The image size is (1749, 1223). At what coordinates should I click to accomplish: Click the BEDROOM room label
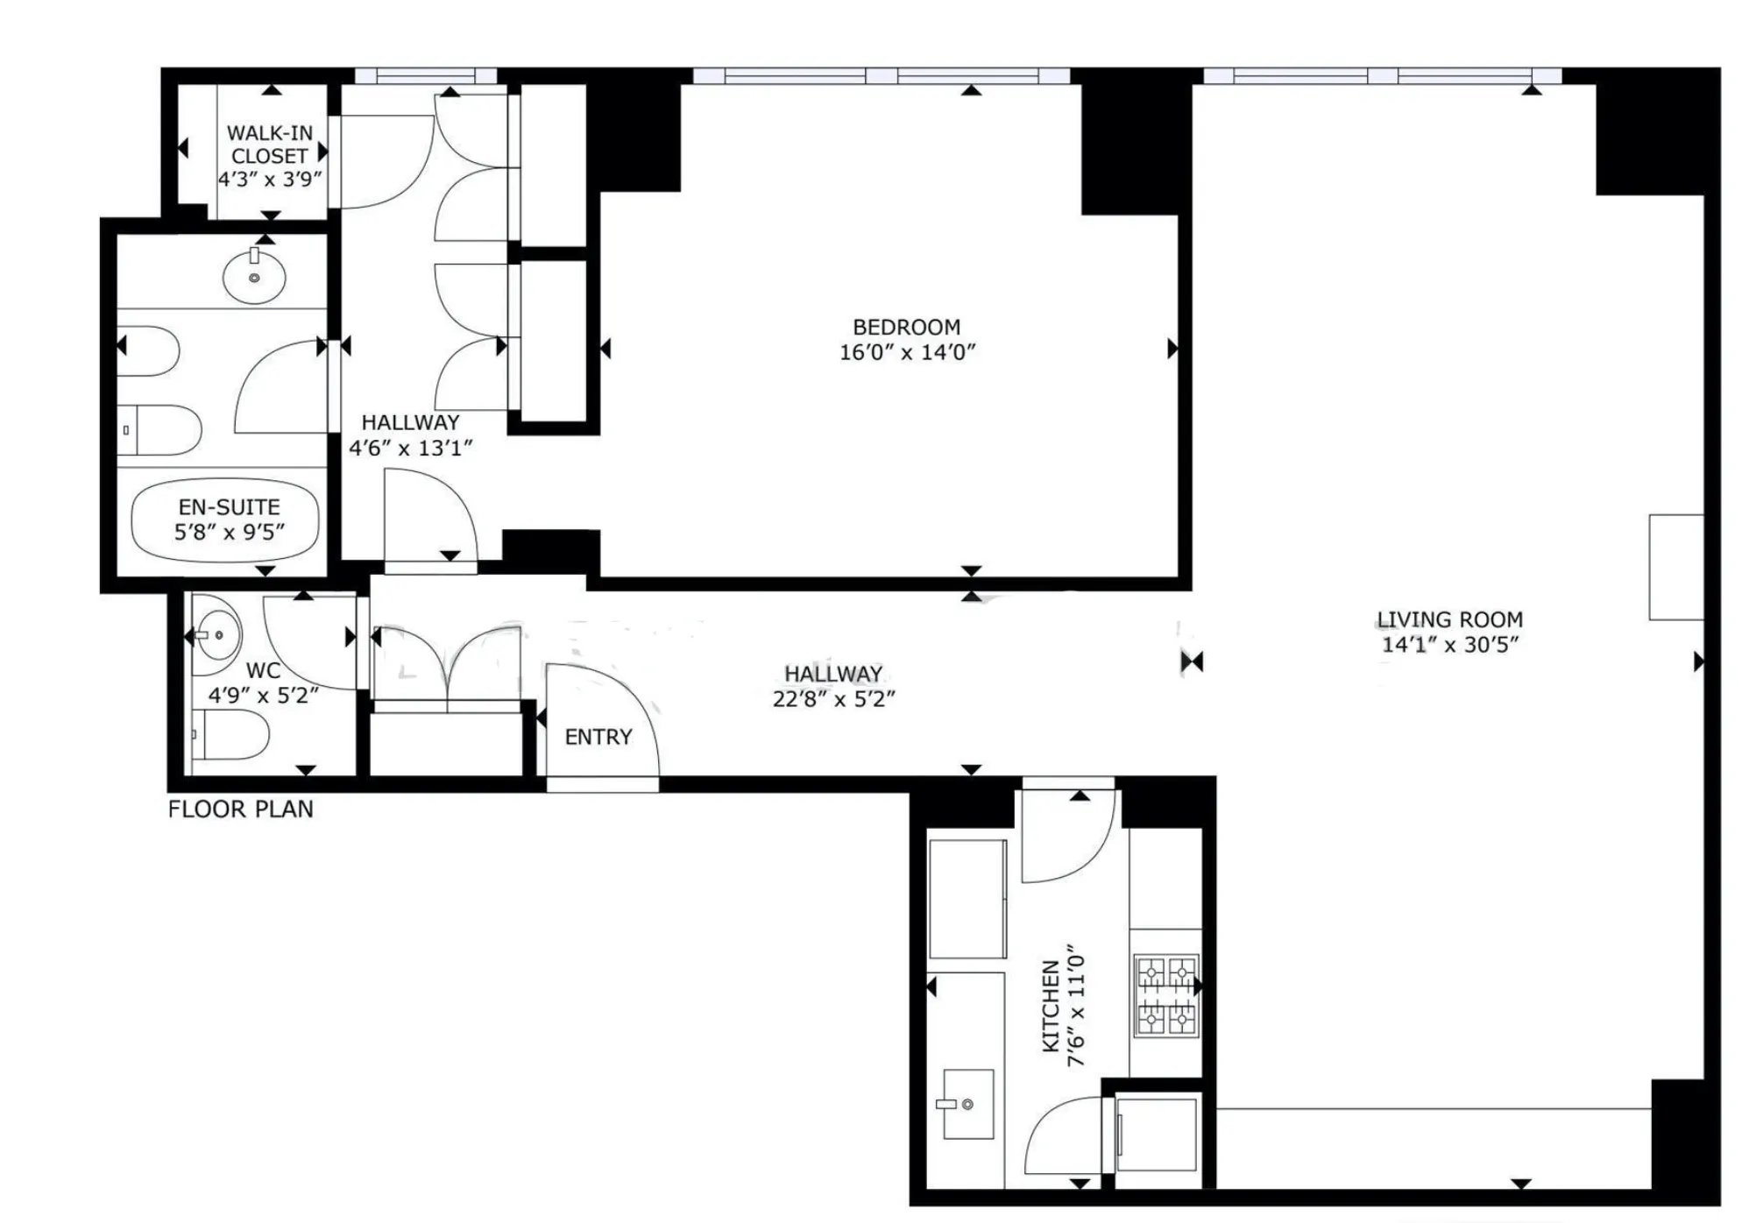pyautogui.click(x=906, y=327)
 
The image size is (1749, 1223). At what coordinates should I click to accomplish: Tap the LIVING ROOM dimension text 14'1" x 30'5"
pyautogui.click(x=1449, y=645)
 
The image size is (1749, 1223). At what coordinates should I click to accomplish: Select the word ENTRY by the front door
pyautogui.click(x=598, y=737)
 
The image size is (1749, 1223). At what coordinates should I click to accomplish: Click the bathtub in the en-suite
pyautogui.click(x=224, y=520)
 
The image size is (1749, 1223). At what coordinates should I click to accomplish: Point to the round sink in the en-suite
pyautogui.click(x=254, y=278)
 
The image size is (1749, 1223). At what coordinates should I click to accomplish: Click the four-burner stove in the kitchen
pyautogui.click(x=1165, y=995)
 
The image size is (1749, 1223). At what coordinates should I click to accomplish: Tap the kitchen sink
pyautogui.click(x=967, y=1104)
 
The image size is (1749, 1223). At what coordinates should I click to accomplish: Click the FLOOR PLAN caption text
pyautogui.click(x=240, y=809)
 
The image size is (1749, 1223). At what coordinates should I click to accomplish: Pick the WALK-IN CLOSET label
pyautogui.click(x=269, y=145)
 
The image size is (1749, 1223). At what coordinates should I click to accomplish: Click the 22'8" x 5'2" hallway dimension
pyautogui.click(x=833, y=699)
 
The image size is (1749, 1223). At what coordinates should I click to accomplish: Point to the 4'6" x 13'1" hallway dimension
pyautogui.click(x=410, y=448)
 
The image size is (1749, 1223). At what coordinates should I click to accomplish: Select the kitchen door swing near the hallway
pyautogui.click(x=1066, y=837)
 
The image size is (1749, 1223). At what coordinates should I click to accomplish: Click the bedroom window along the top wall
pyautogui.click(x=881, y=76)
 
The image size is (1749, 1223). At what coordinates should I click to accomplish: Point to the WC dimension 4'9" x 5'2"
pyautogui.click(x=263, y=696)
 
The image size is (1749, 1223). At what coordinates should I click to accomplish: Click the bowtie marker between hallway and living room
pyautogui.click(x=1192, y=661)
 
